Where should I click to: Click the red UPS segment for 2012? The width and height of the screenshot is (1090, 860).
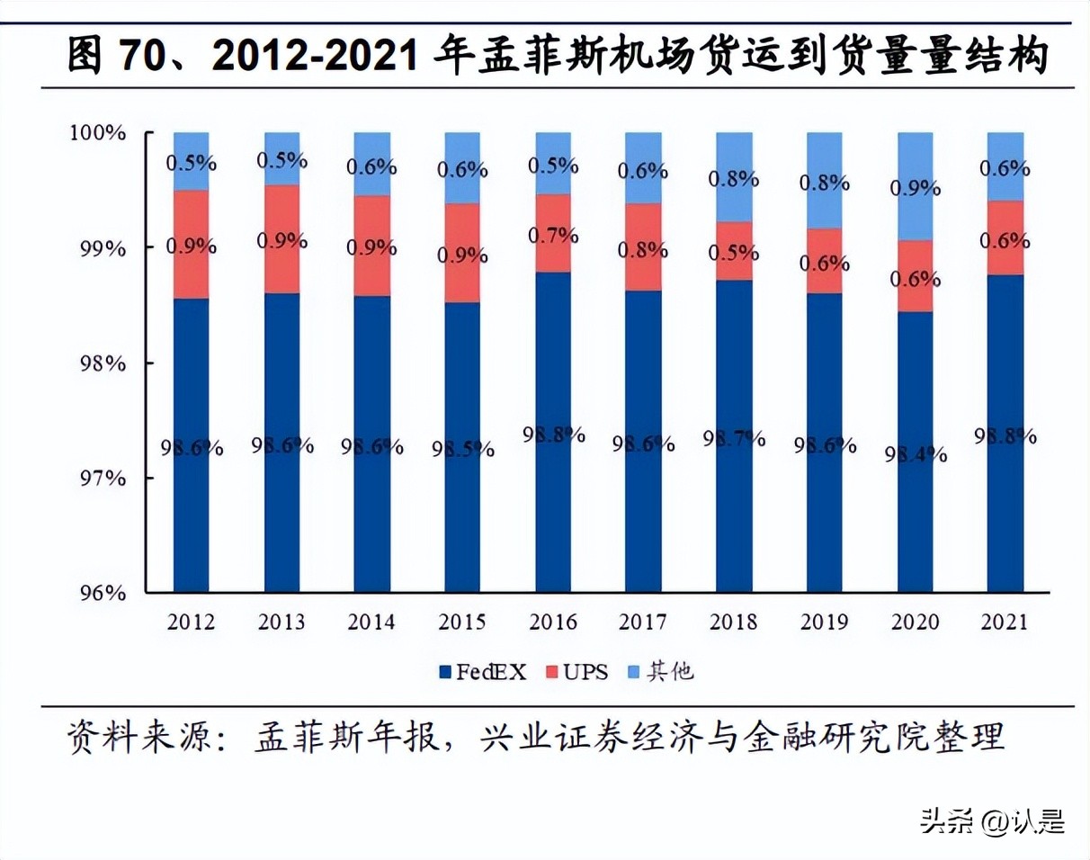pos(191,244)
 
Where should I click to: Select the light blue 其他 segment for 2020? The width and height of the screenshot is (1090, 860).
pos(915,185)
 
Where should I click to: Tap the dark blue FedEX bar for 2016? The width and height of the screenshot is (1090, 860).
pos(553,432)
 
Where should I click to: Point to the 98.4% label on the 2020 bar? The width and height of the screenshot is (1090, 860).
pos(915,453)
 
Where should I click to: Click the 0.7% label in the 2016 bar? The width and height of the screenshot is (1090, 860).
pos(553,236)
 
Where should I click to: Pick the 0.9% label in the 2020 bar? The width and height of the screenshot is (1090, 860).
pos(915,188)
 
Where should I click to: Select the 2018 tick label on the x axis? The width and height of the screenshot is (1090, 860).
pos(734,622)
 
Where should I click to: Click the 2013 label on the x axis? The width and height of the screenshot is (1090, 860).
pos(281,622)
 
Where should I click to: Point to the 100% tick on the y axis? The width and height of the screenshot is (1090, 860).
pos(98,133)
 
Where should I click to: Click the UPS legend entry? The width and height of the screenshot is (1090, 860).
pos(578,671)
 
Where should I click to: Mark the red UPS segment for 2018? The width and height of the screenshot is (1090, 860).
pos(734,251)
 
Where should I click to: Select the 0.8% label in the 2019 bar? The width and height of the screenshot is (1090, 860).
pos(825,183)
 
